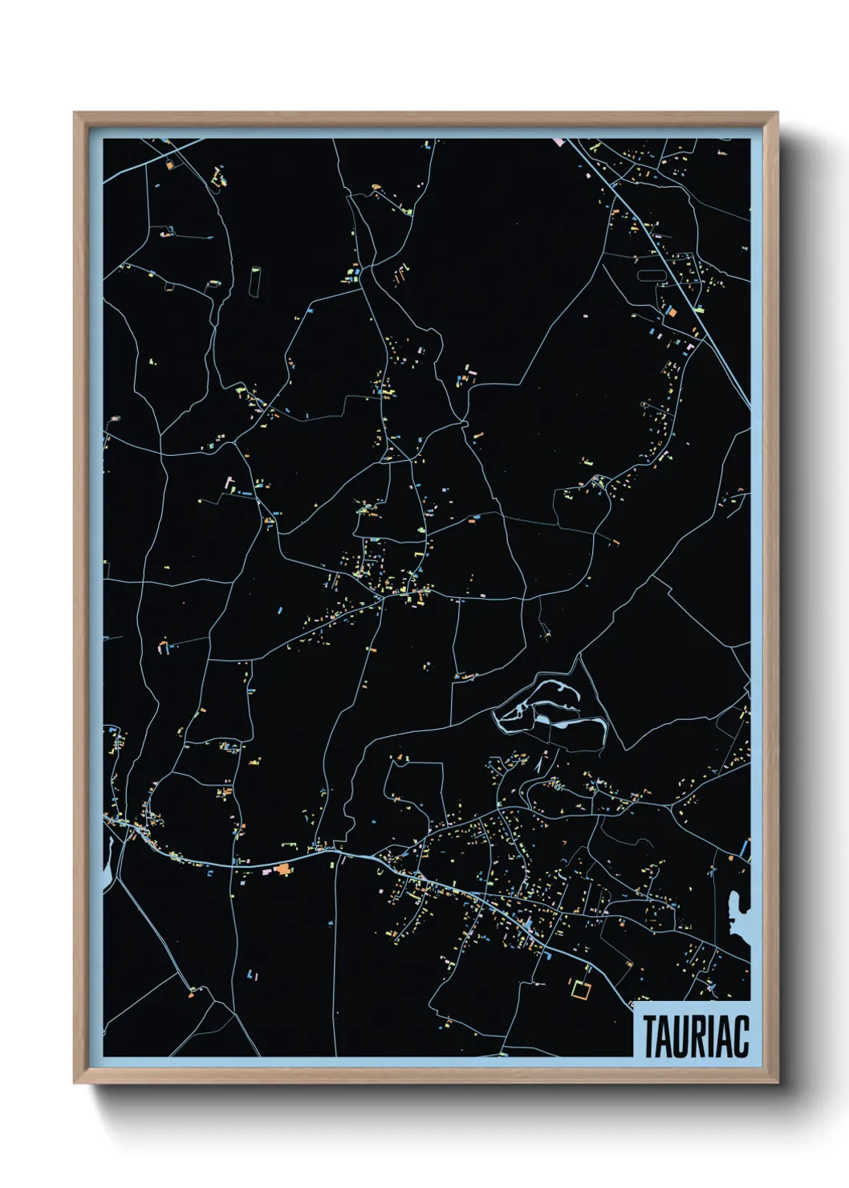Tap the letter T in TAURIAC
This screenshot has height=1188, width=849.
648,1036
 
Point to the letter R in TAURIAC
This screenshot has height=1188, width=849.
697,1036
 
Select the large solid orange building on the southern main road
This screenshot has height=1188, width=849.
282,869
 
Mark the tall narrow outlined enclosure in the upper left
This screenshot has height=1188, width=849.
256,280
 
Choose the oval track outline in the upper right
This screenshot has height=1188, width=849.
650,275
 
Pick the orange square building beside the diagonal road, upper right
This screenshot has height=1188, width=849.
672,311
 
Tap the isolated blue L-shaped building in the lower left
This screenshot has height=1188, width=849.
254,974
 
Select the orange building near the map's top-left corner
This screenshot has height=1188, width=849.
169,165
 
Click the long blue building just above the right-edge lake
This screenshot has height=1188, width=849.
745,848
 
